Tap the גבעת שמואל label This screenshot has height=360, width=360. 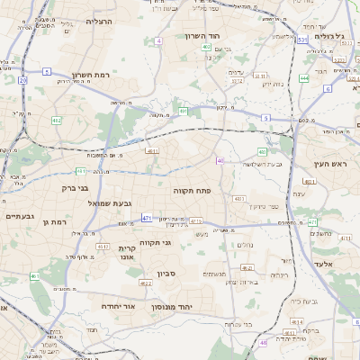(85, 204)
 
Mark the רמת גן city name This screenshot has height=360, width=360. (56, 221)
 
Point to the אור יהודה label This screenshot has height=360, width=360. (118, 306)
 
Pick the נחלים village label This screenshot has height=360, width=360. (246, 244)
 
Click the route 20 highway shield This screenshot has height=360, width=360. (22, 80)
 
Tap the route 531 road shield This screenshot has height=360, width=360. (301, 40)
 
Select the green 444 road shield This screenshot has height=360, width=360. (304, 78)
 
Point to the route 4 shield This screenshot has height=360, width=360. (158, 41)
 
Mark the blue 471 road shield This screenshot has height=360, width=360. (147, 218)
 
